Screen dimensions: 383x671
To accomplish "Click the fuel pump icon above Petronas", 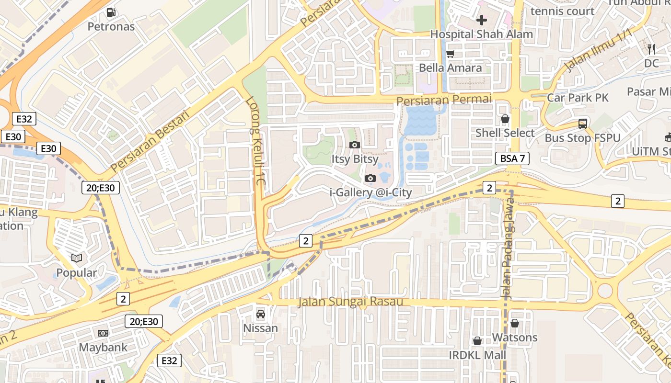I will click(x=111, y=12).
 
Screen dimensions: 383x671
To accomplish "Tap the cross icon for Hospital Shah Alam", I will click(x=482, y=20).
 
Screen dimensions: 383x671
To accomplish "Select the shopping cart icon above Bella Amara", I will click(x=450, y=54).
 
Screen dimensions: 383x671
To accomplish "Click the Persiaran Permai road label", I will click(x=444, y=100).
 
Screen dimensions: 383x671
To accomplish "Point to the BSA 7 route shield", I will click(x=512, y=158).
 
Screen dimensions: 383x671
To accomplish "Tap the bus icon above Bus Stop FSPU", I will click(x=583, y=124).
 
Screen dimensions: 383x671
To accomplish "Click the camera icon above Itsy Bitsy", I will click(x=355, y=145).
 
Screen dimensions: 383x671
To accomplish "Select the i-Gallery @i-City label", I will click(x=371, y=192).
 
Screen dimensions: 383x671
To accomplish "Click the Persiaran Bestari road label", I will click(x=150, y=140).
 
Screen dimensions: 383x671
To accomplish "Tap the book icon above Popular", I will click(x=77, y=259).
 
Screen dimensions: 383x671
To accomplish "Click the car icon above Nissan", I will click(x=261, y=314).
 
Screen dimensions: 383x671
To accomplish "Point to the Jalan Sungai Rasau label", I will click(x=350, y=302).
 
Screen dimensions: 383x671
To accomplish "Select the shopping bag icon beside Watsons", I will click(x=515, y=324).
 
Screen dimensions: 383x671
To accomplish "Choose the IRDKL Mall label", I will click(x=477, y=355).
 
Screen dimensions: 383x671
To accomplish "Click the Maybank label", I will click(x=104, y=347).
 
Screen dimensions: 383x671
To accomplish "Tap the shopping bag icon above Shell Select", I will click(x=505, y=119).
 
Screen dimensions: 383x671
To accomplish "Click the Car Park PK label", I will click(x=578, y=98).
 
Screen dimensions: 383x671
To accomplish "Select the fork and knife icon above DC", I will click(x=651, y=49).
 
